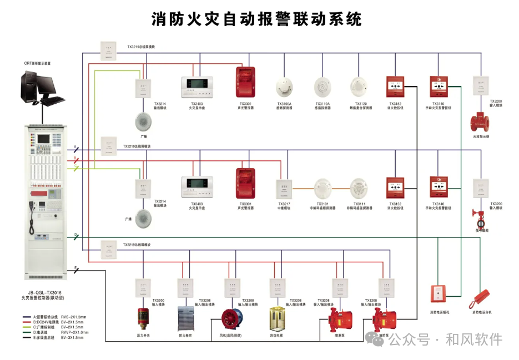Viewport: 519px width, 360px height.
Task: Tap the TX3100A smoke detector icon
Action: (x=284, y=86)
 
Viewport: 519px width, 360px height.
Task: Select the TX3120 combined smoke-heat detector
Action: (x=359, y=86)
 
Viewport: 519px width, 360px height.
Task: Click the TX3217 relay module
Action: (x=284, y=188)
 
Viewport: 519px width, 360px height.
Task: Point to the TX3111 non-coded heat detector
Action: (x=359, y=188)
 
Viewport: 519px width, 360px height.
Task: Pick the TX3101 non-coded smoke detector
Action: (x=323, y=188)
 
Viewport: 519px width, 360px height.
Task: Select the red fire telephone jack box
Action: (x=438, y=294)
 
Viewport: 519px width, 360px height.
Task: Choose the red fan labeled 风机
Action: (x=231, y=320)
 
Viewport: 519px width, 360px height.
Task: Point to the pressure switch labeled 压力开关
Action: (x=144, y=318)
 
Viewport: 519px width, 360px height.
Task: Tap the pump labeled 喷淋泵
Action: (x=338, y=319)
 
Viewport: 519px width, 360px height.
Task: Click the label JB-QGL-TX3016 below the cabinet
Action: (x=44, y=292)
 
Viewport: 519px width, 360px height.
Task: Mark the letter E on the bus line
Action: (x=75, y=268)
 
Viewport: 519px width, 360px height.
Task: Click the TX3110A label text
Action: (x=323, y=104)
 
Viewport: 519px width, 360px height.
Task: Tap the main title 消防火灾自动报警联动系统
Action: (x=256, y=19)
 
